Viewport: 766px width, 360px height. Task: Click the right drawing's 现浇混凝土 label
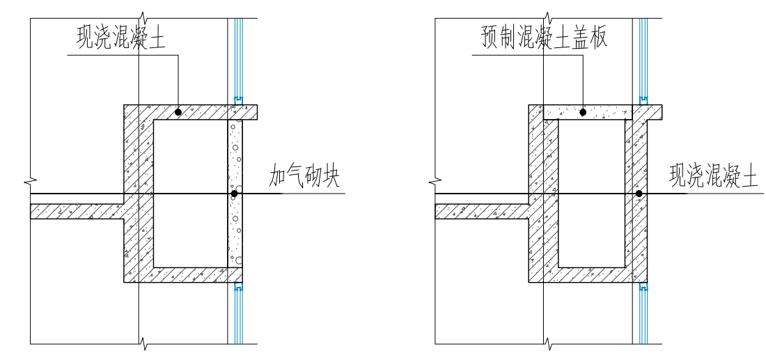tap(713, 178)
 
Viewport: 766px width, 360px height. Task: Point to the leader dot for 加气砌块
tap(235, 193)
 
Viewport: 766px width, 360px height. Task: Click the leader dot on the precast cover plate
tap(584, 111)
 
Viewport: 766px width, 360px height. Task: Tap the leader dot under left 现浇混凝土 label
tap(178, 111)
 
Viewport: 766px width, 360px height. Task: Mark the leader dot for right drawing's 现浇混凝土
tap(639, 193)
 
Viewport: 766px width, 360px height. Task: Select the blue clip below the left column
tap(238, 286)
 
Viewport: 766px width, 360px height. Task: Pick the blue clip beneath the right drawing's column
tap(643, 286)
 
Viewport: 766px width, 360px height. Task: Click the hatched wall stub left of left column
tap(77, 211)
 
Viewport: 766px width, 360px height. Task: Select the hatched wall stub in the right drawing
tap(480, 211)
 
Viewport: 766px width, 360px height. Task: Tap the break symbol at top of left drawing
tap(143, 16)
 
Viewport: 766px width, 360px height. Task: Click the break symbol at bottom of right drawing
tap(548, 344)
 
